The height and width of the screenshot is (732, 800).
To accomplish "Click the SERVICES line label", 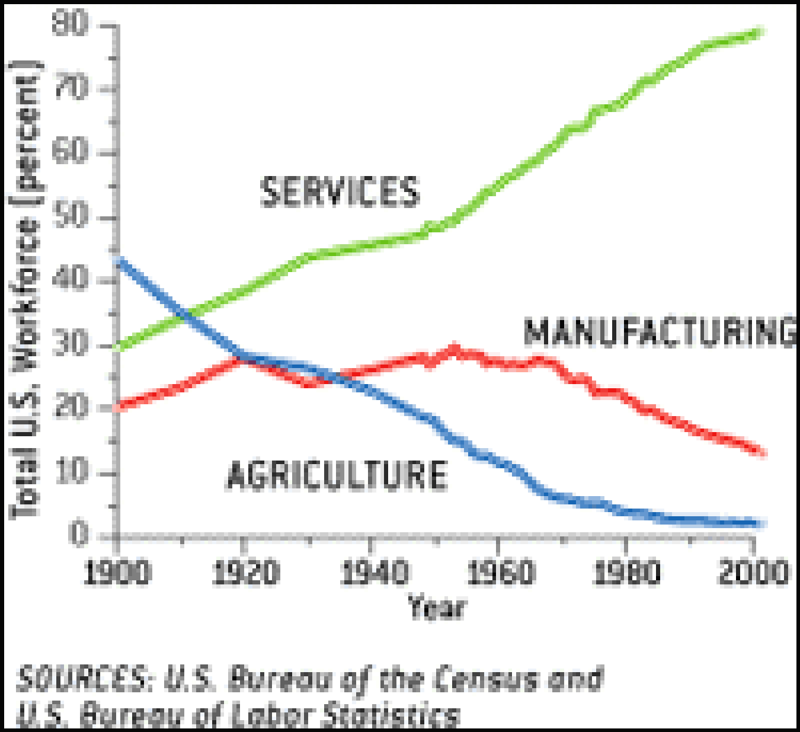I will tap(340, 191).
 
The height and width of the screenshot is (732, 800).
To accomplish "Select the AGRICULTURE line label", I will tap(337, 475).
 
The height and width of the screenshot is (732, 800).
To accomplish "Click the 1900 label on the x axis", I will tap(117, 573).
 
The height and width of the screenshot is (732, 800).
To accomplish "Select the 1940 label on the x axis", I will tap(374, 573).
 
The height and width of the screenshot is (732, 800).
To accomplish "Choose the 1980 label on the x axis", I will tap(626, 573).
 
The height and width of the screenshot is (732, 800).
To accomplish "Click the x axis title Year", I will tap(437, 608).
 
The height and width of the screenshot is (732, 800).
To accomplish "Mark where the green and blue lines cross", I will tap(185, 313).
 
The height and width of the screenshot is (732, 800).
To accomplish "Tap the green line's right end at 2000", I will tap(759, 33).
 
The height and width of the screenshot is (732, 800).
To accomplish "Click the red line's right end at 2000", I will tap(761, 453).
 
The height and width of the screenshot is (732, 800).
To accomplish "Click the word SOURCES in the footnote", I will tap(83, 679).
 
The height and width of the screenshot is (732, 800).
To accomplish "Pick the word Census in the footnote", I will tap(486, 679).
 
